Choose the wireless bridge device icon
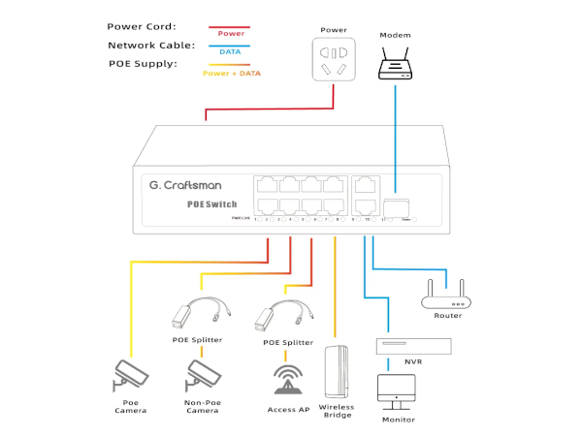337,371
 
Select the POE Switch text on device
211,204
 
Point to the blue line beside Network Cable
230,46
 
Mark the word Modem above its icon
395,33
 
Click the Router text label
448,316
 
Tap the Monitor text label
399,420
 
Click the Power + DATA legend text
231,74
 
